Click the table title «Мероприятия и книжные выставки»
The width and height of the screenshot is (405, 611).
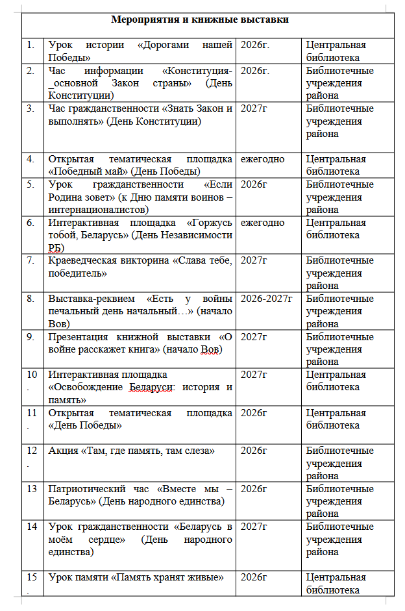[x=200, y=19]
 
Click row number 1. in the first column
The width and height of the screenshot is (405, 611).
[x=31, y=45]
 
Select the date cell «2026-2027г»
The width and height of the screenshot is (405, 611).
[x=266, y=299]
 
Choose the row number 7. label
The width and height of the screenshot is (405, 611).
[x=31, y=260]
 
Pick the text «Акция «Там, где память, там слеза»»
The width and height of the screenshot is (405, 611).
[x=132, y=451]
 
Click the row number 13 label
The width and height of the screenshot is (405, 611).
[x=32, y=489]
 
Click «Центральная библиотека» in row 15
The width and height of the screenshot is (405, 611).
[x=336, y=583]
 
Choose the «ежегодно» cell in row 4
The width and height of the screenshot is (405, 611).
[x=262, y=159]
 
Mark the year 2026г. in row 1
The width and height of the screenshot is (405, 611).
[x=255, y=45]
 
